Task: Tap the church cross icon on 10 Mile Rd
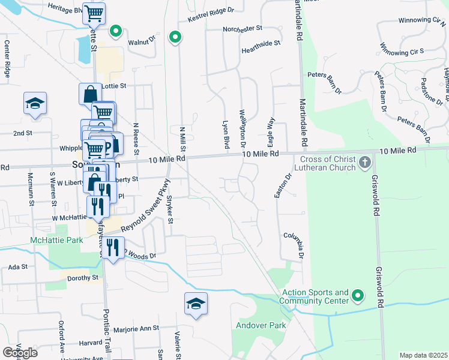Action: point(364,162)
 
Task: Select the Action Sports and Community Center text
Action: point(315,296)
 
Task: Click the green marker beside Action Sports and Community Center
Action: point(358,295)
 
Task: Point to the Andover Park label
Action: point(258,326)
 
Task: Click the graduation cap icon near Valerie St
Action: point(196,304)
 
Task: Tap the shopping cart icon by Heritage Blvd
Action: point(94,13)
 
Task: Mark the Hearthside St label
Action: point(261,43)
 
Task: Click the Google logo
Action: point(20,352)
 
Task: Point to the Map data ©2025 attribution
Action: point(424,355)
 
